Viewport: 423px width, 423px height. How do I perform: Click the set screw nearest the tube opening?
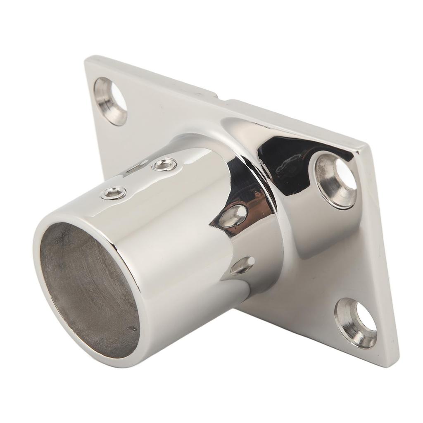pyautogui.click(x=114, y=193)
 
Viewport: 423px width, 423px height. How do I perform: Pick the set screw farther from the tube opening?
pyautogui.click(x=164, y=165)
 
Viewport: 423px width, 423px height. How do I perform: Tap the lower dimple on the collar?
pyautogui.click(x=242, y=266)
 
